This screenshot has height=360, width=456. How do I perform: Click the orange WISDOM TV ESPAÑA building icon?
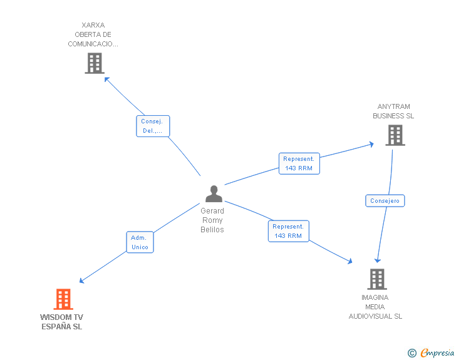63,299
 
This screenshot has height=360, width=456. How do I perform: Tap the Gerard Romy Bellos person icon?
214,194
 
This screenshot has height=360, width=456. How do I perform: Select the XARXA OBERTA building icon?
94,63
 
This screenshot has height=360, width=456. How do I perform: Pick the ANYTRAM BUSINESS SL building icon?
395,135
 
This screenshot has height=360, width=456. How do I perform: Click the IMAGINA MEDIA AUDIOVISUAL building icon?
376,279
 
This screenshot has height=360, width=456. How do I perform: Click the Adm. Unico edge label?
140,242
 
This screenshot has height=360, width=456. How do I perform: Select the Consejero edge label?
385,201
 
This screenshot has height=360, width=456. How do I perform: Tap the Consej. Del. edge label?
153,126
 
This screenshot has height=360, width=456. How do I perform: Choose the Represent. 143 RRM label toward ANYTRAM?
299,163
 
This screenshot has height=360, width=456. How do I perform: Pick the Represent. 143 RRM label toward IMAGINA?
288,231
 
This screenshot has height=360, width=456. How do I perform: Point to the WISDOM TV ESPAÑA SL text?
61,322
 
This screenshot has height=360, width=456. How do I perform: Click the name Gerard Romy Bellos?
212,220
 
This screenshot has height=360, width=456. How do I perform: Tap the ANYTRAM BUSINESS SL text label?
393,111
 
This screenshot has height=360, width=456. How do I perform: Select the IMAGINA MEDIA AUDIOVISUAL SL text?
375,307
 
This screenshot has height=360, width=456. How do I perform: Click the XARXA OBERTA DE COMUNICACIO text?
93,35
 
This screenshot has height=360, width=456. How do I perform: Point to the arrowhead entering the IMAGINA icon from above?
377,260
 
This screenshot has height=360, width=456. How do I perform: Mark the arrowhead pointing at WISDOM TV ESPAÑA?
81,280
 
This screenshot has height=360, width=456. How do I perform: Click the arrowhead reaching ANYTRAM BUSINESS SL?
371,144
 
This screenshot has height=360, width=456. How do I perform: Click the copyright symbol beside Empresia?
412,353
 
